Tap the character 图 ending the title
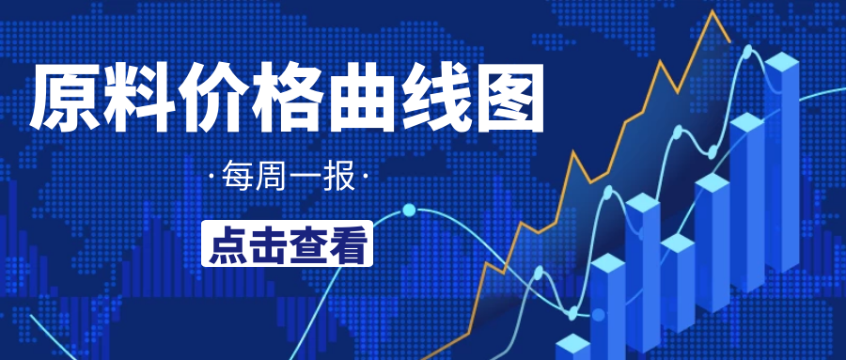(509, 99)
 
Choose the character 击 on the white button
(268, 243)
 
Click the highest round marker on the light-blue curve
(748, 51)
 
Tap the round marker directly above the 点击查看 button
(409, 209)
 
